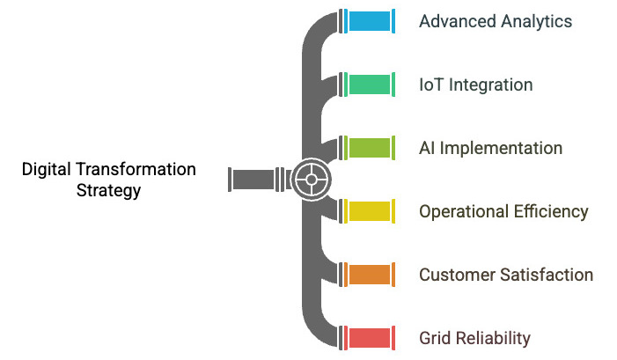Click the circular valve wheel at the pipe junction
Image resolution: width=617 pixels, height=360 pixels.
[311, 180]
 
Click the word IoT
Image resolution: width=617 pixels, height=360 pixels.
[431, 84]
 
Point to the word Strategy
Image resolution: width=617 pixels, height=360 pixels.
[109, 190]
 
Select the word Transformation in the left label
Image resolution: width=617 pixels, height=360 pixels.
[137, 169]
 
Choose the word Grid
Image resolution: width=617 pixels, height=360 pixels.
[435, 338]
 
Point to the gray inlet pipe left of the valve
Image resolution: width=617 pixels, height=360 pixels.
[253, 180]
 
